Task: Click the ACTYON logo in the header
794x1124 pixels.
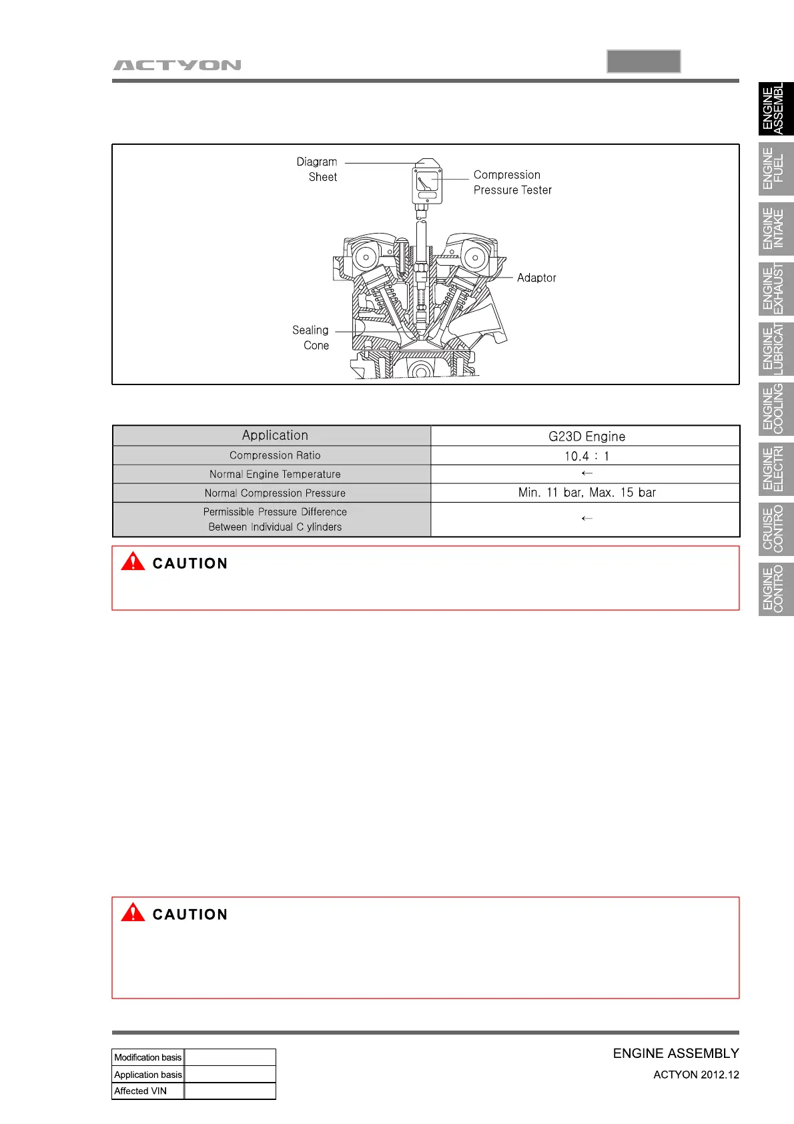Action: pyautogui.click(x=177, y=65)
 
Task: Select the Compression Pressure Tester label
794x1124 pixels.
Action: pyautogui.click(x=512, y=182)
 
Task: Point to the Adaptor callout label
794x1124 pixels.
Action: pyautogui.click(x=536, y=278)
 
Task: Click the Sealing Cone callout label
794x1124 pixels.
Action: pyautogui.click(x=311, y=338)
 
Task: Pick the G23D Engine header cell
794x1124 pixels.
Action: pyautogui.click(x=586, y=437)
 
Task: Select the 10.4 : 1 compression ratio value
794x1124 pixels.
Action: pyautogui.click(x=586, y=456)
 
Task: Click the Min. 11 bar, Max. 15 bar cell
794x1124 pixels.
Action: pyautogui.click(x=586, y=493)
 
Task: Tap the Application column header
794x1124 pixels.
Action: pyautogui.click(x=275, y=435)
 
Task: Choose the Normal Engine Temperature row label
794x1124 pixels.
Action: pyautogui.click(x=275, y=474)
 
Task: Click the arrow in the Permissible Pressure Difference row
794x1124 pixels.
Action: pyautogui.click(x=586, y=519)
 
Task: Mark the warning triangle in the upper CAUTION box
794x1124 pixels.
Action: pyautogui.click(x=133, y=561)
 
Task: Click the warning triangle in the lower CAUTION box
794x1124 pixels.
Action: pyautogui.click(x=133, y=912)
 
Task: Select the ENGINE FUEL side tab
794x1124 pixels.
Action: pyautogui.click(x=776, y=169)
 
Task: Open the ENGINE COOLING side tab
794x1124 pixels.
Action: pyautogui.click(x=776, y=409)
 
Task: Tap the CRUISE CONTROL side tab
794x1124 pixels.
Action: pyautogui.click(x=776, y=529)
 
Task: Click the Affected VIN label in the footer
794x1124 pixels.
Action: pyautogui.click(x=141, y=1091)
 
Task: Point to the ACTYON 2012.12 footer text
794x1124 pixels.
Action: pyautogui.click(x=696, y=1075)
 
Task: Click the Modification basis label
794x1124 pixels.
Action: pyautogui.click(x=147, y=1057)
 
